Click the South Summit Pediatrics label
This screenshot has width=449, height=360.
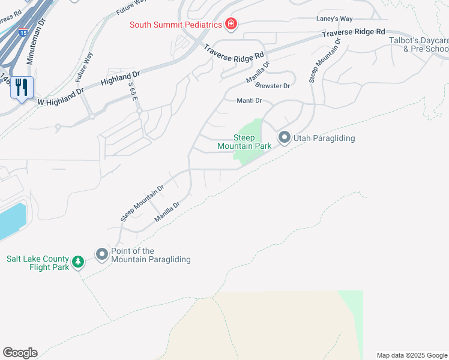[x=176, y=25]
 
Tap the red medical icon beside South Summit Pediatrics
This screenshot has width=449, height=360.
[x=231, y=25]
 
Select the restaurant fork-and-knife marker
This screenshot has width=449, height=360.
[x=21, y=88]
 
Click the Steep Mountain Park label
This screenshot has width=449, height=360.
[x=244, y=142]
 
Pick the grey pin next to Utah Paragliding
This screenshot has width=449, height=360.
[x=284, y=138]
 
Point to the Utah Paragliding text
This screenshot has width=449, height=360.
[x=324, y=139]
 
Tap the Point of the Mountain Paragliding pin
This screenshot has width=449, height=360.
[x=102, y=255]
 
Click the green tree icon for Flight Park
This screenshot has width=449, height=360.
[x=77, y=262]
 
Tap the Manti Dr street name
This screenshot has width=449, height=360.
[x=249, y=101]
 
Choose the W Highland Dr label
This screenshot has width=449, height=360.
[x=61, y=97]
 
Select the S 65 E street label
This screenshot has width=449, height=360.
[x=131, y=94]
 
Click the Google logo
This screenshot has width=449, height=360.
[x=20, y=353]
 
